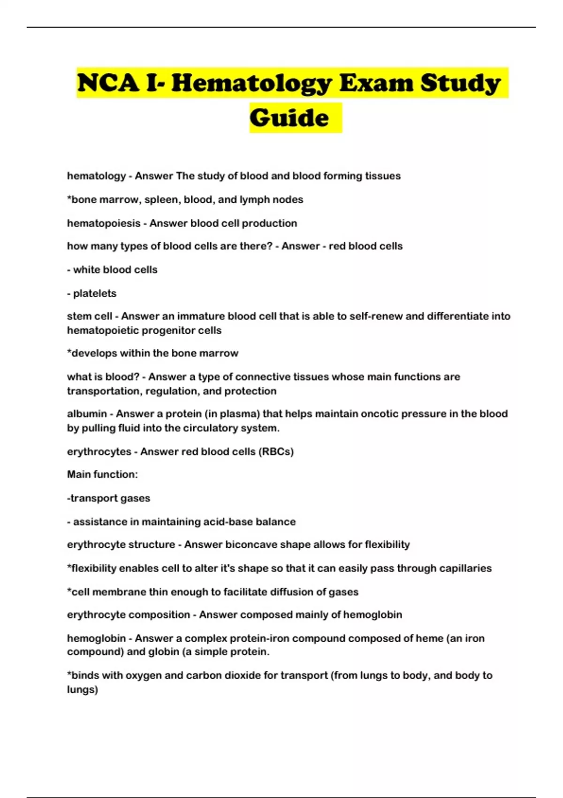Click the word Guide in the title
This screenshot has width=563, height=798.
(x=289, y=118)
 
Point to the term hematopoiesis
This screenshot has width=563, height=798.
(x=104, y=223)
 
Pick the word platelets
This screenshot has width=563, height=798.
(x=95, y=293)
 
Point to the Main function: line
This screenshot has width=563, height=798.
(x=102, y=475)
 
